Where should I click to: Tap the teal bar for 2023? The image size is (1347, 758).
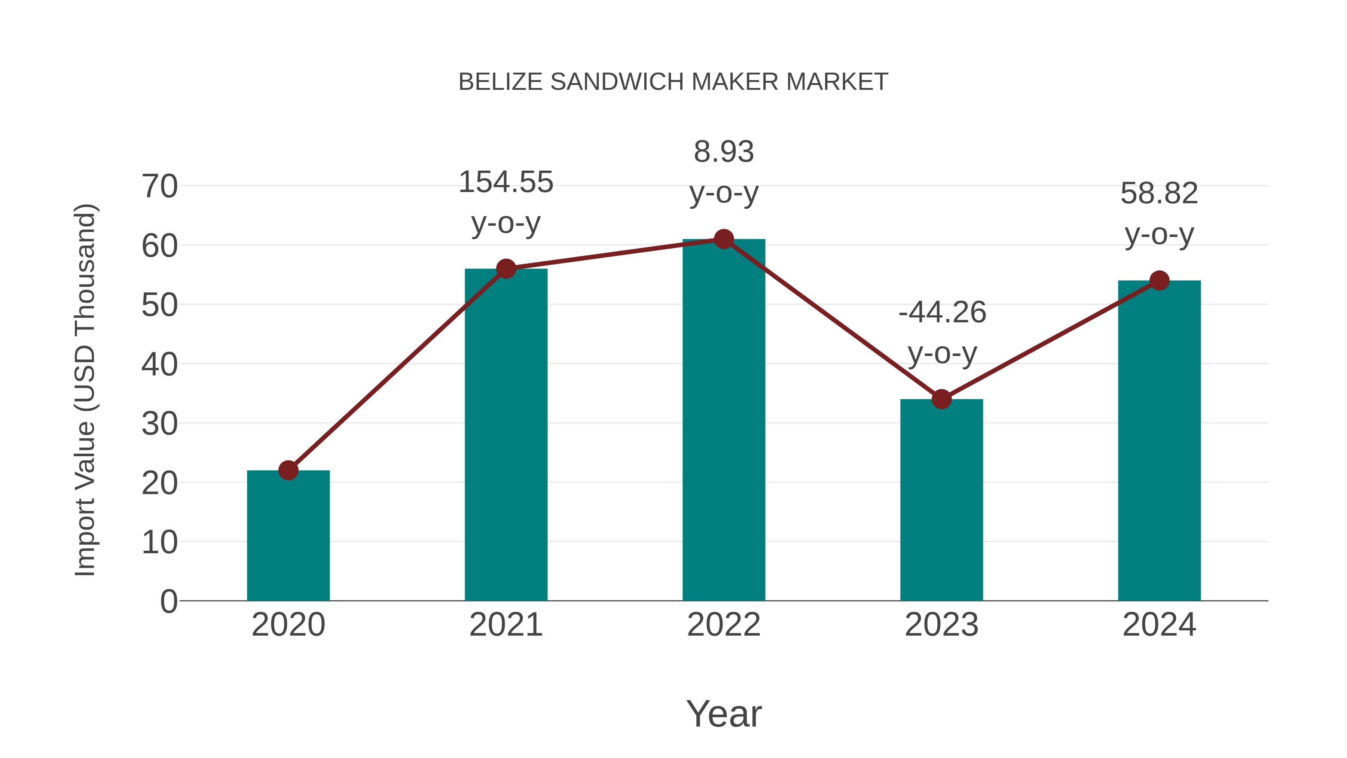tap(941, 500)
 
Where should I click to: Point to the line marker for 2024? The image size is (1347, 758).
tap(1159, 280)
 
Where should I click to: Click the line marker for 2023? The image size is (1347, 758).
tap(941, 399)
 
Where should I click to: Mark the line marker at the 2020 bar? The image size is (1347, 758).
tap(288, 470)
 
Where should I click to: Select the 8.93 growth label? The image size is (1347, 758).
tap(724, 152)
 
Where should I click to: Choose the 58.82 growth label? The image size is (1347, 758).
tap(1159, 194)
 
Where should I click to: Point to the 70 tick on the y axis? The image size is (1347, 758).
tap(159, 186)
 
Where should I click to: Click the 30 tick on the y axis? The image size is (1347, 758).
tap(159, 424)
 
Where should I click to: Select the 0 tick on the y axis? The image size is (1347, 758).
tap(168, 602)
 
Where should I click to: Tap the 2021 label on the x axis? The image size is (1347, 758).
tap(505, 625)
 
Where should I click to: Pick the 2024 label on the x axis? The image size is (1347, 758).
tap(1159, 625)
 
